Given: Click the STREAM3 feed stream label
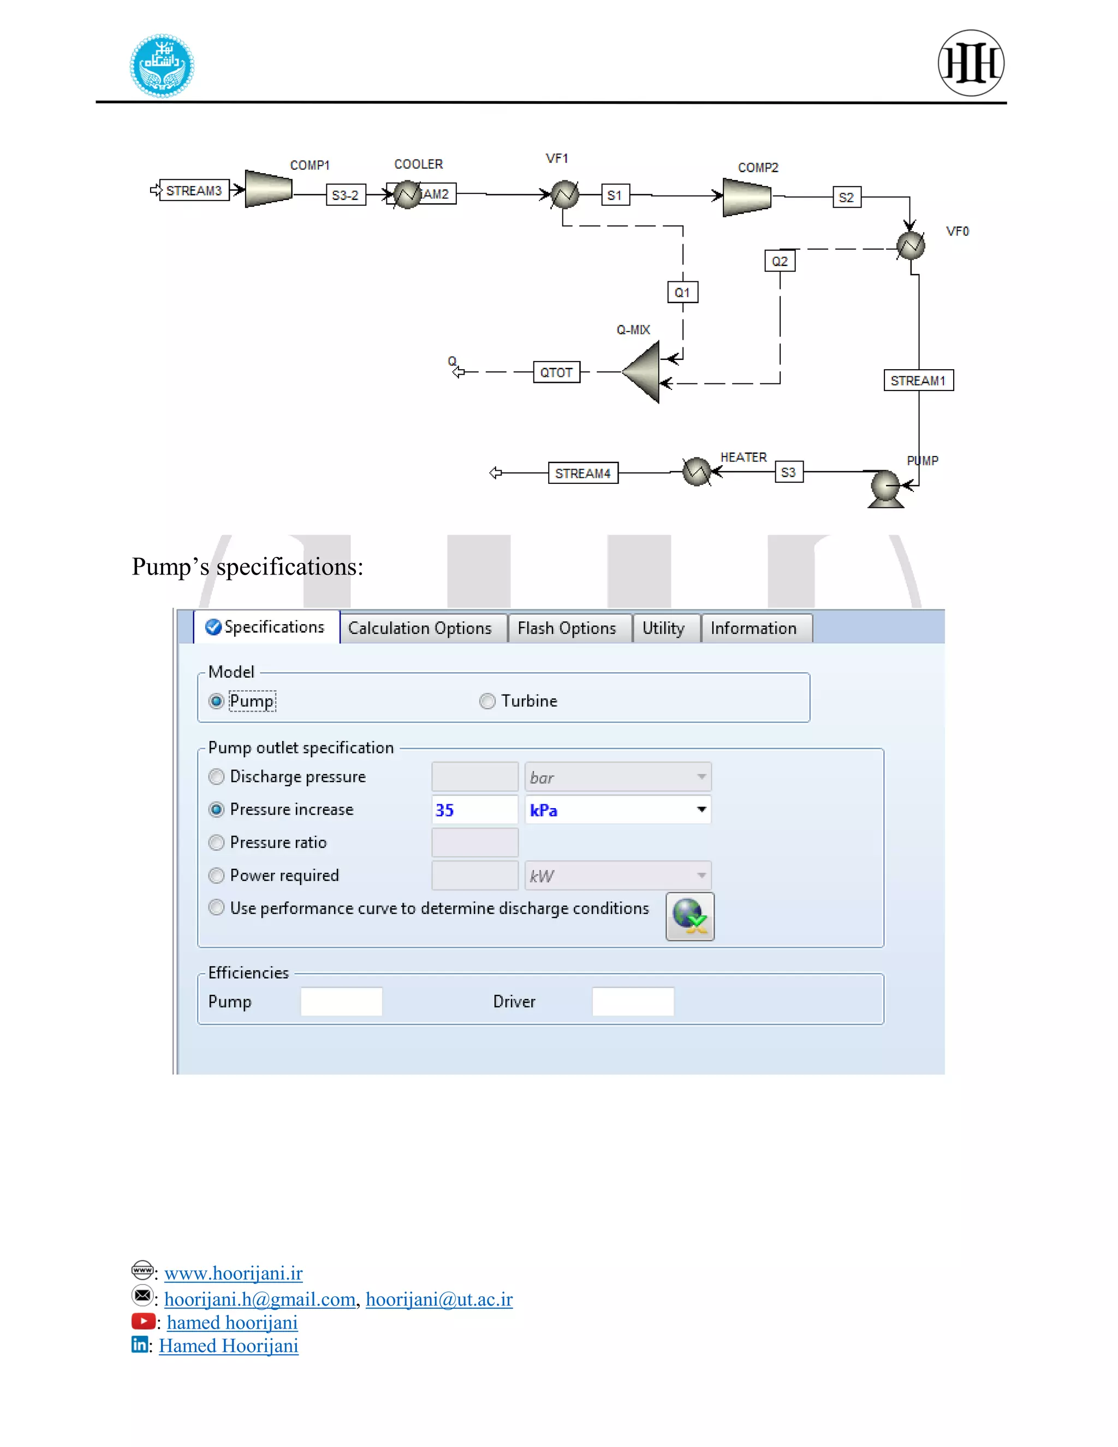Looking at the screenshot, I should click(194, 191).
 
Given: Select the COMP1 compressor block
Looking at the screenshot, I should click(268, 189).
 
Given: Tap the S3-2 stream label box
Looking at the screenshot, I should click(346, 195).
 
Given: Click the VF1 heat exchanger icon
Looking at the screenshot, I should click(565, 195).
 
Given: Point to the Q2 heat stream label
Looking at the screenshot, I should click(780, 261).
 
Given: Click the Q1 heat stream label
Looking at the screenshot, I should click(682, 292).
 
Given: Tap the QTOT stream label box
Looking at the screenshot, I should click(556, 372).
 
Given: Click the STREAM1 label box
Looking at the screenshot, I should click(918, 380).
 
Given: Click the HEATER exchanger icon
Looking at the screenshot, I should click(696, 472).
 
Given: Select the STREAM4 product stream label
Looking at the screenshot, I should click(583, 473).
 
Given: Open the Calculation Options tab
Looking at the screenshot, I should click(420, 628).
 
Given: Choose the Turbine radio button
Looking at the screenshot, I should click(487, 701).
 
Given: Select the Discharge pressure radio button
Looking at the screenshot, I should click(217, 776).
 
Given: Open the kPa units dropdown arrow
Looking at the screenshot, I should click(701, 810).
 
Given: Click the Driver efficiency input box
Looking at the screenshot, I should click(633, 1001).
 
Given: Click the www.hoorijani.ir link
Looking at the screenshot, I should click(233, 1273).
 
